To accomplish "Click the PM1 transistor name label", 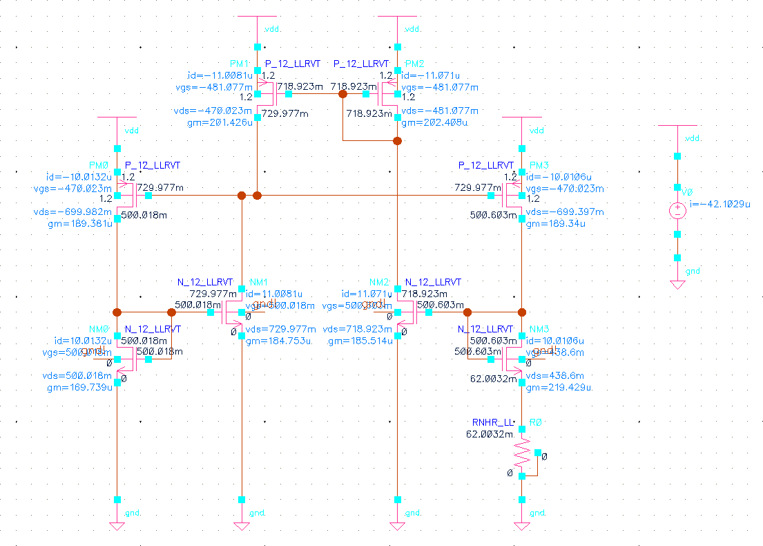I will click(x=239, y=63).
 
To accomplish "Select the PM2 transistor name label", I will click(x=416, y=63).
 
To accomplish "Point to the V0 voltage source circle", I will click(x=677, y=210).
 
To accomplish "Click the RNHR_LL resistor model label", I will click(x=494, y=422).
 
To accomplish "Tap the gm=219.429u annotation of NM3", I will click(x=559, y=388).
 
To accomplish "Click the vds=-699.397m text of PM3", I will click(x=565, y=212).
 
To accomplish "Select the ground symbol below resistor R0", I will click(x=522, y=526).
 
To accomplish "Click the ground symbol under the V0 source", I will click(x=677, y=284).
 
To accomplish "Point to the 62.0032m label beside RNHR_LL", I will click(x=489, y=434).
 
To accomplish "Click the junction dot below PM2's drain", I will click(x=397, y=141).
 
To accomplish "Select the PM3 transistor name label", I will click(x=539, y=165).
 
